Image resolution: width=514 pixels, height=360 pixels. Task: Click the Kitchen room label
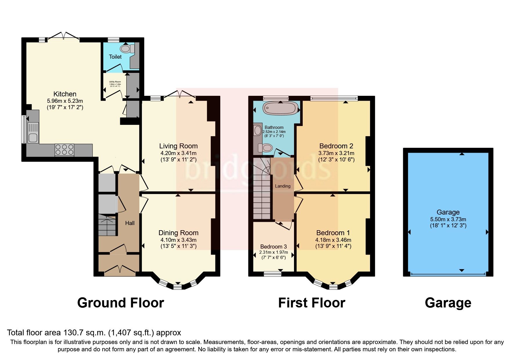[65, 94]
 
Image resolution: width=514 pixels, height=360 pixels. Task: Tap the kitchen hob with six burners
[64, 150]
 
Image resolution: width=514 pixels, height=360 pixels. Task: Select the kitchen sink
[33, 133]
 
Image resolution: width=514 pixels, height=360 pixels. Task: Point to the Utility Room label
[115, 82]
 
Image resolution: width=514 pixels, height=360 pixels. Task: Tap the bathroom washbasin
[257, 131]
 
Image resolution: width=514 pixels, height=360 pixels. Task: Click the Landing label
[282, 186]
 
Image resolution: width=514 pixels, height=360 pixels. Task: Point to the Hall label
[130, 223]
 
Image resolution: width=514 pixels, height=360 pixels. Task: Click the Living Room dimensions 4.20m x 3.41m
[178, 153]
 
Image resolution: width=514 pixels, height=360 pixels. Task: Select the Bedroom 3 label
[273, 246]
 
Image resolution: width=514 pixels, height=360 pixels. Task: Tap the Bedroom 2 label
[336, 146]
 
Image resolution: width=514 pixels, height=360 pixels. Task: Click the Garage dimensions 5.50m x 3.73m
[448, 219]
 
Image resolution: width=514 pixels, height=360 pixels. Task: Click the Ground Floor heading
[120, 303]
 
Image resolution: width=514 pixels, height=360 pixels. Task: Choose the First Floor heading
[311, 303]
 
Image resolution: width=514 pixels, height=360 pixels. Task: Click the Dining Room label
[178, 233]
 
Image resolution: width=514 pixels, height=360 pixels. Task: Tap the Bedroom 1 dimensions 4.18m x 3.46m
[333, 240]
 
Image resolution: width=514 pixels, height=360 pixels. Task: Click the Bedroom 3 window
[273, 273]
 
